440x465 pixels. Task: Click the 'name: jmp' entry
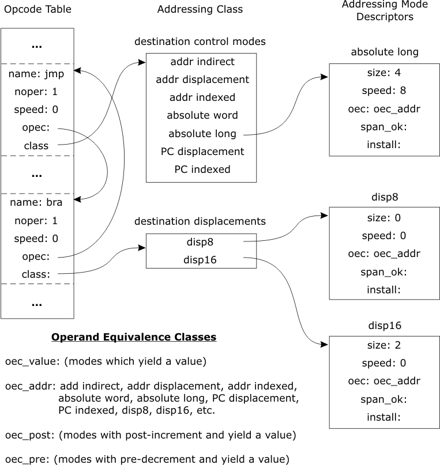pos(36,74)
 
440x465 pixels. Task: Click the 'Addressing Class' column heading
pos(200,9)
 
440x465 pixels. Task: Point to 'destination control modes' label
pos(200,41)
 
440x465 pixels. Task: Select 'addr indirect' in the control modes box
pos(202,61)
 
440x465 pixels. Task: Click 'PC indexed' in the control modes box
pos(202,169)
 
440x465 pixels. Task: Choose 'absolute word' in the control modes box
pos(202,115)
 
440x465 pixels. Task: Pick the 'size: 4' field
pos(383,73)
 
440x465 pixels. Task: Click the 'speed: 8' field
pos(383,90)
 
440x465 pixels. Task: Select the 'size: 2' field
pos(383,346)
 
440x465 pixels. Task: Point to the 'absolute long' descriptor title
pos(385,52)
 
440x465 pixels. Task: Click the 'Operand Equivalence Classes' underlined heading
pos(134,337)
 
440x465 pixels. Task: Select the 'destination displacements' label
pos(200,221)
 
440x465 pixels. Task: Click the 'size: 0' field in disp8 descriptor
pos(383,218)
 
